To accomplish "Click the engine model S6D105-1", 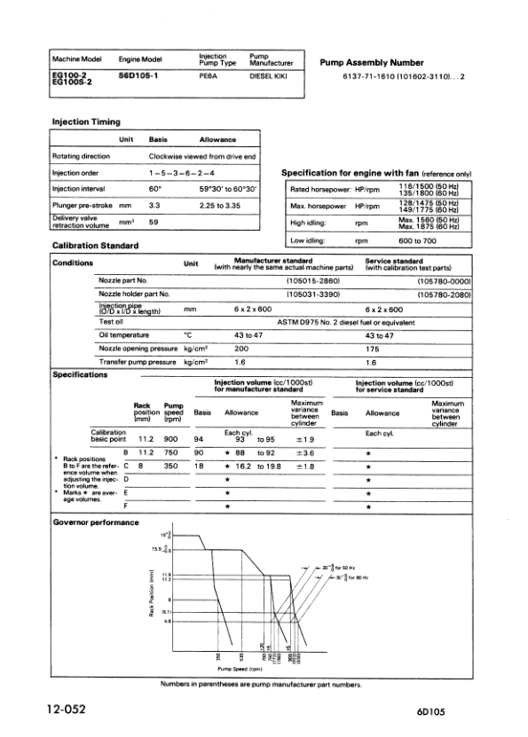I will point(137,77).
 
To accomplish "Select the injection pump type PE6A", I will point(209,77).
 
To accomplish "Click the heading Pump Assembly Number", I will point(371,63).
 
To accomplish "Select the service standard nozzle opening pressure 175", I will point(373,349).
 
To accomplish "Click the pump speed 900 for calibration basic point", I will point(173,438).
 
